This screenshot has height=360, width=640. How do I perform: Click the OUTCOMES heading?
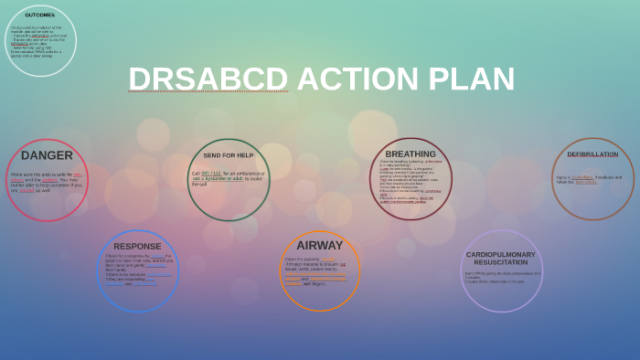[x=39, y=16]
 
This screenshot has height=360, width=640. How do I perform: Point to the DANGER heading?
[x=47, y=155]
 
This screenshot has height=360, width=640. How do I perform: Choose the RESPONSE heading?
[x=137, y=246]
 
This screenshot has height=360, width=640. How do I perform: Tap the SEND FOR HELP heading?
[x=229, y=155]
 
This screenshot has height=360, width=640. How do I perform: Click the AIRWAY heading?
[x=320, y=245]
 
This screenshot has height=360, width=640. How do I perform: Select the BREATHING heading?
[x=411, y=154]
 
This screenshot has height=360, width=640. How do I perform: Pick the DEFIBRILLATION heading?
[x=592, y=154]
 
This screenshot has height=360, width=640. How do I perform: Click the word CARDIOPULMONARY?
[x=501, y=254]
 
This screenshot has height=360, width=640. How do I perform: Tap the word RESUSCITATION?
[x=501, y=262]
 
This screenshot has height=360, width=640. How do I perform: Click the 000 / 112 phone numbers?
[x=211, y=173]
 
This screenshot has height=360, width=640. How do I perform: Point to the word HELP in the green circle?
[x=243, y=155]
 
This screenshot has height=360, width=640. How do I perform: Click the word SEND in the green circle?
[x=212, y=155]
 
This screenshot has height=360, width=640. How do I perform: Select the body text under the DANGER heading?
[x=47, y=182]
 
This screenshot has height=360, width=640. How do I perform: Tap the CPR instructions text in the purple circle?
[x=501, y=277]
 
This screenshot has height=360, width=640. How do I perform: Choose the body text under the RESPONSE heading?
[x=137, y=270]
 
